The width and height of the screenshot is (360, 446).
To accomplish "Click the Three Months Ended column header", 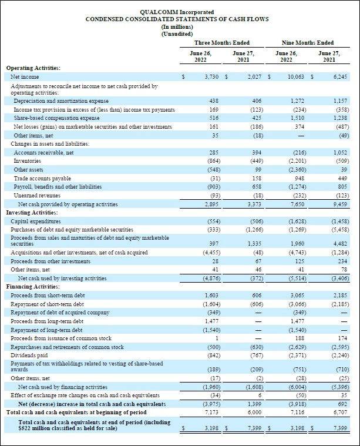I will [221, 42].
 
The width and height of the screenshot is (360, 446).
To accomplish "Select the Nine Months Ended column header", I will [308, 42].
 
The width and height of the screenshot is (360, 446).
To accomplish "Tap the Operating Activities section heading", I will [33, 68].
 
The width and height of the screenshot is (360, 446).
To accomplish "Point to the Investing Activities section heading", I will [31, 212].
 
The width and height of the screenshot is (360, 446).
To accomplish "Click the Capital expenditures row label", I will [36, 221].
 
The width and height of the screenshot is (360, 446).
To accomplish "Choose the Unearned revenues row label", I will [34, 195].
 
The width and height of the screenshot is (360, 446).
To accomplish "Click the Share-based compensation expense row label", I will [56, 118].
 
